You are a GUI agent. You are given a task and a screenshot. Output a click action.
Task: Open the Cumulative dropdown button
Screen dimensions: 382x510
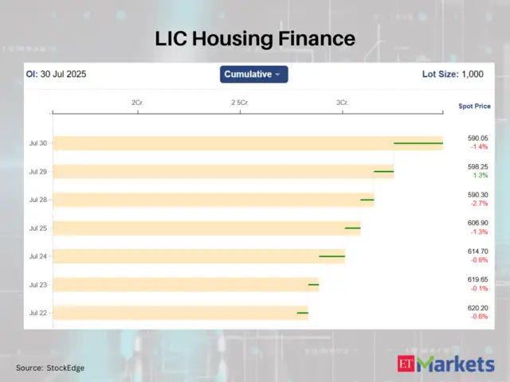point(253,74)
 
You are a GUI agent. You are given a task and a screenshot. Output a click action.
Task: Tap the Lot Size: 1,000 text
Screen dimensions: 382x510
point(452,74)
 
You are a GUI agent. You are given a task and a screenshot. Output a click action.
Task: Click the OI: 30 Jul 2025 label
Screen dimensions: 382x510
point(56,74)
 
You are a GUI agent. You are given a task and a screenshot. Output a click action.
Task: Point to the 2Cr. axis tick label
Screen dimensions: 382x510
point(137,103)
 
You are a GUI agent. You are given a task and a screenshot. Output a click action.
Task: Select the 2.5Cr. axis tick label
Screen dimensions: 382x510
point(239,103)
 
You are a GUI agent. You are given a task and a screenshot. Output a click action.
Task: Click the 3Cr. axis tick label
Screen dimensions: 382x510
point(343,103)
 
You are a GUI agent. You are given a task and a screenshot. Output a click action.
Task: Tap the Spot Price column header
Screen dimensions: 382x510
point(475,106)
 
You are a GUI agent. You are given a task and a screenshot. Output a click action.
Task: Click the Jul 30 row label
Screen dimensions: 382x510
point(38,143)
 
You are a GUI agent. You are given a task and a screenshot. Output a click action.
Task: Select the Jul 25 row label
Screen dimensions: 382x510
point(38,228)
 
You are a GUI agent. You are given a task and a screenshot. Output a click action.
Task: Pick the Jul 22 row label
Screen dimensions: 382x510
point(38,313)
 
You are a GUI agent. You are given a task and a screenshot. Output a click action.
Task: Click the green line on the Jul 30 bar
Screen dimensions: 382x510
point(418,143)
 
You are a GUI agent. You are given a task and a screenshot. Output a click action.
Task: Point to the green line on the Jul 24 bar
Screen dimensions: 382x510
point(331,256)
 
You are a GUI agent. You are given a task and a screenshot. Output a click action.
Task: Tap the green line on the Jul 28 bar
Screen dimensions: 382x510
point(367,200)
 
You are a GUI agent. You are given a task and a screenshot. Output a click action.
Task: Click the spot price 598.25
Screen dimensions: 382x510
point(478,166)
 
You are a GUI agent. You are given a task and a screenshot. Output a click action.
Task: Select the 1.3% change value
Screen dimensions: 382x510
point(480,175)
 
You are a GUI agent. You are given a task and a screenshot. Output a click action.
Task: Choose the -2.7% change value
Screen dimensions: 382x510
point(479,204)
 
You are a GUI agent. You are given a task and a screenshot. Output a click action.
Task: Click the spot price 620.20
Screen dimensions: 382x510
point(478,308)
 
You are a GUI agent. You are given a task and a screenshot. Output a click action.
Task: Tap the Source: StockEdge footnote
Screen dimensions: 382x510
point(50,368)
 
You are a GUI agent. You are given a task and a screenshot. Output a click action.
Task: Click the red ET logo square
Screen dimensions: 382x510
point(406,364)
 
